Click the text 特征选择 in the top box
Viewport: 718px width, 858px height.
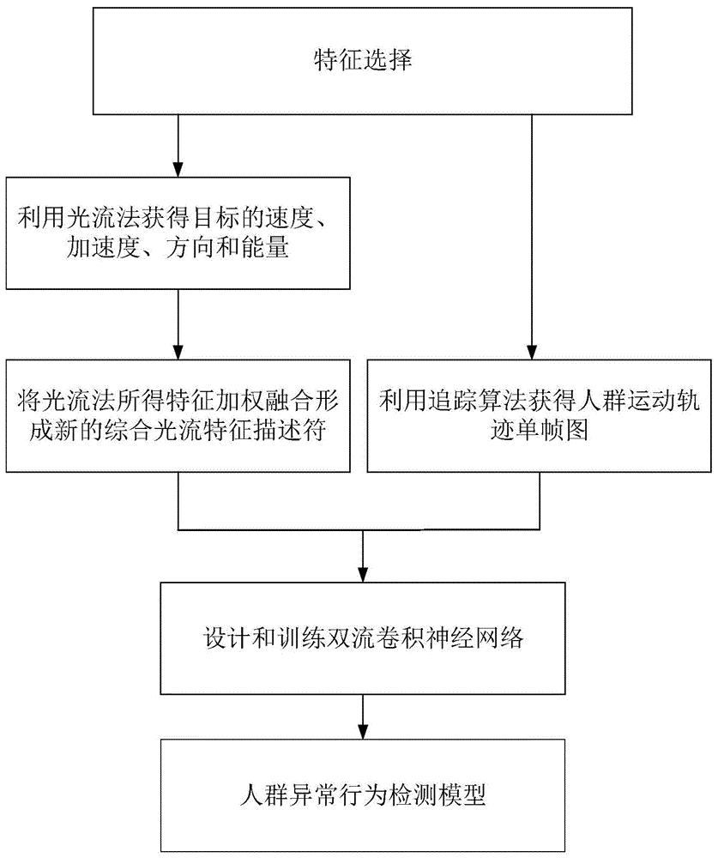point(363,60)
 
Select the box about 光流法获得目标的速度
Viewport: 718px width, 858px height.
point(178,233)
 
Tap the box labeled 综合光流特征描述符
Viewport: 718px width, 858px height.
point(178,415)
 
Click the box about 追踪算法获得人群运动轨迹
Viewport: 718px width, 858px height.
point(540,415)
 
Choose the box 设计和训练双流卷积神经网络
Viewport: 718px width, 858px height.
point(362,638)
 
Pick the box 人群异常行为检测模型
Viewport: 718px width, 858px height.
point(362,795)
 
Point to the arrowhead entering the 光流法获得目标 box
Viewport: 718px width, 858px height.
point(178,169)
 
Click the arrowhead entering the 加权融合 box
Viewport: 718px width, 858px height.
point(178,351)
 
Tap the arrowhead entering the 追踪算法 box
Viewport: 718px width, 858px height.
point(531,351)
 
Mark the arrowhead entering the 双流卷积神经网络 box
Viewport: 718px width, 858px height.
point(362,574)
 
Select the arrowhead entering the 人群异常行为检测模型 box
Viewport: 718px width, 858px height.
point(362,731)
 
